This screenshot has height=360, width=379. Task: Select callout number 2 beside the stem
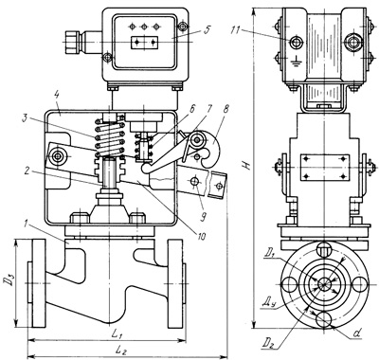[x=27, y=171]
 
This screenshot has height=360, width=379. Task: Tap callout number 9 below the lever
[x=204, y=217]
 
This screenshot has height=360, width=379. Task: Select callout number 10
[x=201, y=236]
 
